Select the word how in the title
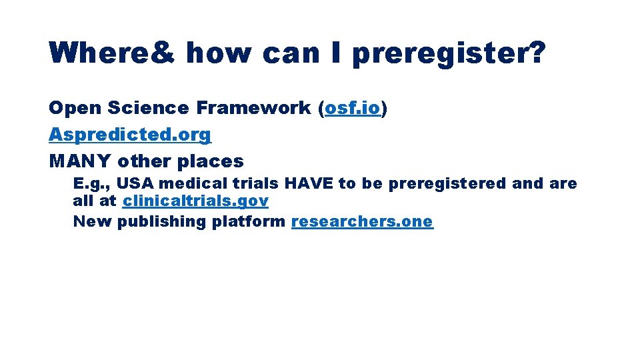219,53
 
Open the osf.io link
352,108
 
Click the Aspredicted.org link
130,135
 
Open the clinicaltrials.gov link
195,201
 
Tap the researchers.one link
362,221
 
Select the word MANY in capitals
80,161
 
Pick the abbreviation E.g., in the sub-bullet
92,183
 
